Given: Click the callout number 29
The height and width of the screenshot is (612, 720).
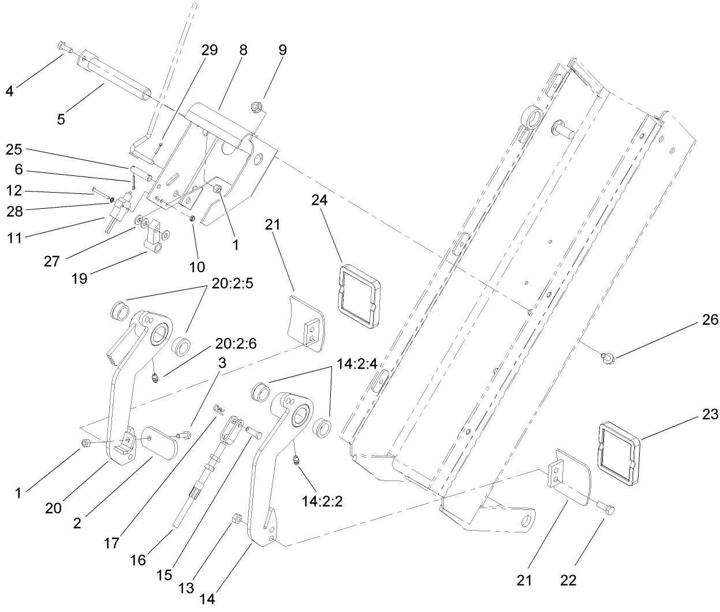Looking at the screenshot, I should coord(210,50).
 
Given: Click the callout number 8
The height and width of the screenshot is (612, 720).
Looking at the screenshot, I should coord(243,50).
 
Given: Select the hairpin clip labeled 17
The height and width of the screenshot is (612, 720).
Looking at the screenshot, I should coord(218,409).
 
